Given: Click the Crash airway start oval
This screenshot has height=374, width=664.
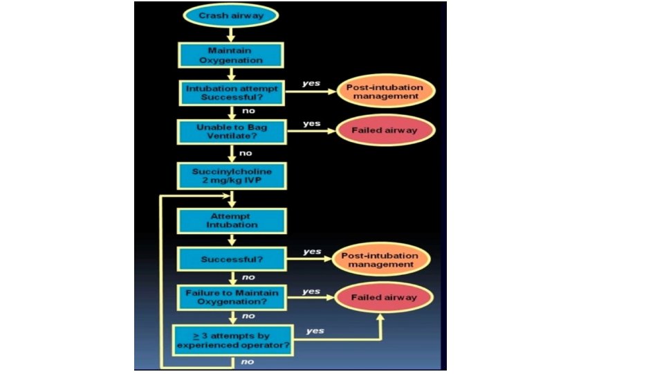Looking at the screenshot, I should click(x=230, y=15).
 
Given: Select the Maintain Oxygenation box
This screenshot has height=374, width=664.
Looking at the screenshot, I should click(x=230, y=55).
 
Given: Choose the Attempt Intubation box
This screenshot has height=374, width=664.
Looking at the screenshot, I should click(x=230, y=220).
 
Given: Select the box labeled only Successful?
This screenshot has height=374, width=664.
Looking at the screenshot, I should click(x=230, y=260).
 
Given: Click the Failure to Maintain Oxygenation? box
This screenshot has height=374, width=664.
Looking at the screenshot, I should click(x=230, y=297).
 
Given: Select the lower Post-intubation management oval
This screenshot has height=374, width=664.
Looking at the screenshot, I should click(x=382, y=260).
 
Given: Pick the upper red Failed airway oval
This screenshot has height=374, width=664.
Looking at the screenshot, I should click(x=384, y=130).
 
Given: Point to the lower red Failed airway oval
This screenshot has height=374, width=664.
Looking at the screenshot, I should click(x=384, y=297).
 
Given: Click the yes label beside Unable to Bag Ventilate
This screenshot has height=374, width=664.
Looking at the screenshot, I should click(x=312, y=123).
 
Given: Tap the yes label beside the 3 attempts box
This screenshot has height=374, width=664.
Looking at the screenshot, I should click(x=315, y=330).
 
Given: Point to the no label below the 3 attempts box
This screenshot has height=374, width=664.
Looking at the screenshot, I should click(x=247, y=361).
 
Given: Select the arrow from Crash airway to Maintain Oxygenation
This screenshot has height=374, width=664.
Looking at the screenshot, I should click(x=230, y=33).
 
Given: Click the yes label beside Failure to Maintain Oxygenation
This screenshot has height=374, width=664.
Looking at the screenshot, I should click(x=312, y=291).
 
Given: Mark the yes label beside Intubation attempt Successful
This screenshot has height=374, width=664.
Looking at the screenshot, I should click(x=312, y=84).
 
